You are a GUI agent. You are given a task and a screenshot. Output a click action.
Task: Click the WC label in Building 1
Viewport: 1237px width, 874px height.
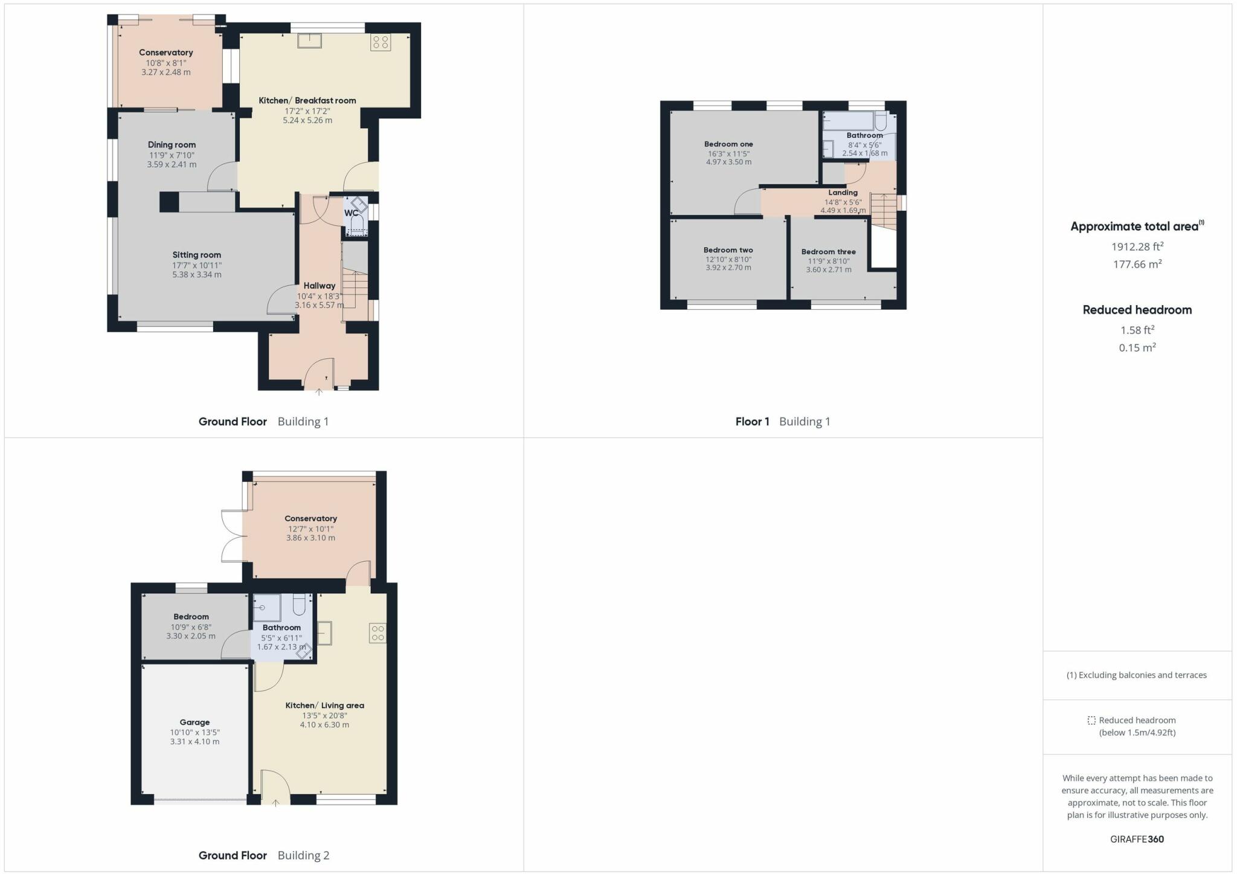coord(351,213)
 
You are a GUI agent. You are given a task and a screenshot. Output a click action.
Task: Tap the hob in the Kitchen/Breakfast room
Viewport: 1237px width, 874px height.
coord(381,42)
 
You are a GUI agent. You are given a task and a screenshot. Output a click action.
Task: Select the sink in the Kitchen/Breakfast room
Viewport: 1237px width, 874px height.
coord(310,40)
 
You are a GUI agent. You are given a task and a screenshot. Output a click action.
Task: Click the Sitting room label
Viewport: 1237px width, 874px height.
coord(197,255)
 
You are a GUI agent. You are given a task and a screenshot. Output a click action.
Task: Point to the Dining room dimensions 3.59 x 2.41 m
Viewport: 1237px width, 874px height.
coord(172,164)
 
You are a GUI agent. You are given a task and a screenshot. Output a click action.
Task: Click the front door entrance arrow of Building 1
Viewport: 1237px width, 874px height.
coord(319,393)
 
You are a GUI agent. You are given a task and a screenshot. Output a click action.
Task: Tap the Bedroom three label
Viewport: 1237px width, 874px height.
coord(828,252)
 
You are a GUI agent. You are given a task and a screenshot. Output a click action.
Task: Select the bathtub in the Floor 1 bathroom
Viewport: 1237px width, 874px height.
coord(848,121)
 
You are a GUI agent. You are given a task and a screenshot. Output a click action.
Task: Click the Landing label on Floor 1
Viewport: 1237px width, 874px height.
coord(843,193)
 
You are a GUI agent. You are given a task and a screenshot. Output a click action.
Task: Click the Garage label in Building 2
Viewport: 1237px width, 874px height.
coord(194,722)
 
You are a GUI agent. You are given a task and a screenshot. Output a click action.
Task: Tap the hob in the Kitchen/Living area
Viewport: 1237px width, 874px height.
coord(378,633)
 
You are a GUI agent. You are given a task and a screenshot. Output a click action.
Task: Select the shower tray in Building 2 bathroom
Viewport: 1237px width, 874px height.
coord(266,608)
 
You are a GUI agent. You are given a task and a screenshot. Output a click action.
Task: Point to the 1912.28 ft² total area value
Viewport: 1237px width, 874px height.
coord(1137,246)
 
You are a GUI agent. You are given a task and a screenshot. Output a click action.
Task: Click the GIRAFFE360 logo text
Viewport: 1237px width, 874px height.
coord(1137,839)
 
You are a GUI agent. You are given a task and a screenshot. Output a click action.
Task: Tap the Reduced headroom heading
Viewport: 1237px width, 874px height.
coord(1137,310)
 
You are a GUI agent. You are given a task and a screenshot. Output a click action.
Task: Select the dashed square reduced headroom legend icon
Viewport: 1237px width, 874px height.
coord(1091,720)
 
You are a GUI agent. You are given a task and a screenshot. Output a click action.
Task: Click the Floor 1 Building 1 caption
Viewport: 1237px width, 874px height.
coord(782,422)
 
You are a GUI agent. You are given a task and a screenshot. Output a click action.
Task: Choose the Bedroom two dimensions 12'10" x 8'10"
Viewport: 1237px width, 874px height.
coord(728,260)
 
